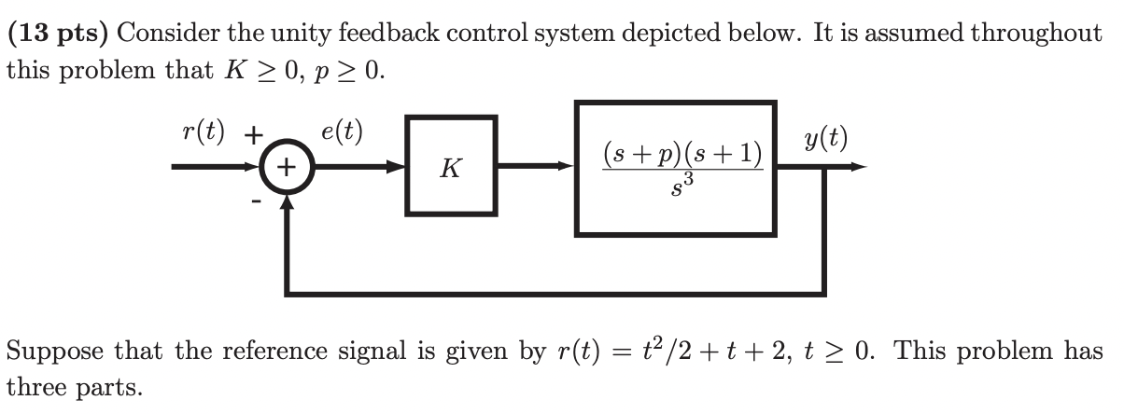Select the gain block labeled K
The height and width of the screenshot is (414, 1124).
450,167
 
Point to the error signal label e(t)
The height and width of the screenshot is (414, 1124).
342,131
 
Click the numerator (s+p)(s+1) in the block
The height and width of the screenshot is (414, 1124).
682,152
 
